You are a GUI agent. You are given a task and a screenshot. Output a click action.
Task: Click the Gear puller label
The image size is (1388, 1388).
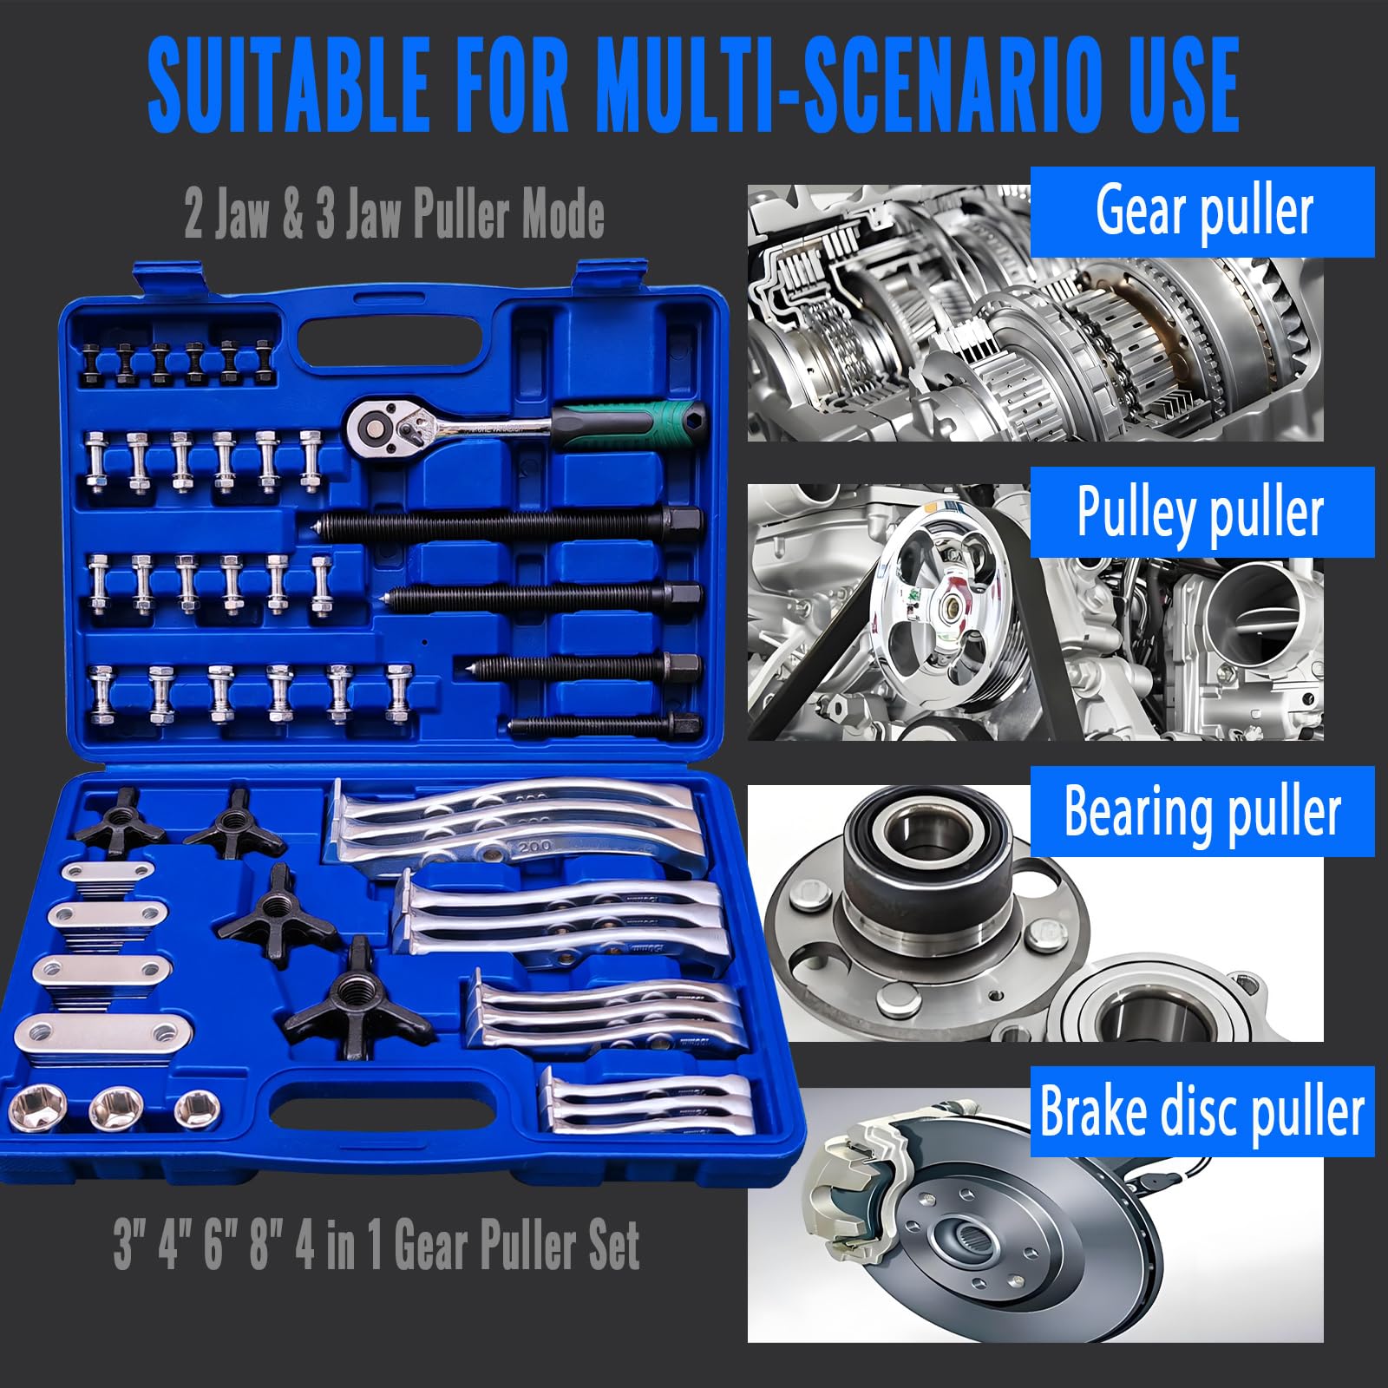[x=1202, y=212]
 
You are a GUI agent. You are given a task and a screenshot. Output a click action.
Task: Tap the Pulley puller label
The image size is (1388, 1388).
[x=1202, y=512]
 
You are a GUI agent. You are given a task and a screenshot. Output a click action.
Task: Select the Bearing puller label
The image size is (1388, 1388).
[x=1202, y=812]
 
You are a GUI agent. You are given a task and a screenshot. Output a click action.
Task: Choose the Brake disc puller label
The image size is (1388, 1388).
[x=1202, y=1112]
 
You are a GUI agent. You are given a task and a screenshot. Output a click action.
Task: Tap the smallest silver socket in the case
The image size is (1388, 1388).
[x=197, y=1110]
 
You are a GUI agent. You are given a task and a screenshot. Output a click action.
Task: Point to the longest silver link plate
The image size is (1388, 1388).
[x=104, y=1032]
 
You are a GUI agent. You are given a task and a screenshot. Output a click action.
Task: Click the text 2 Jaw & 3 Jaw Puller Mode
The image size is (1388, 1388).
[x=395, y=216]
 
